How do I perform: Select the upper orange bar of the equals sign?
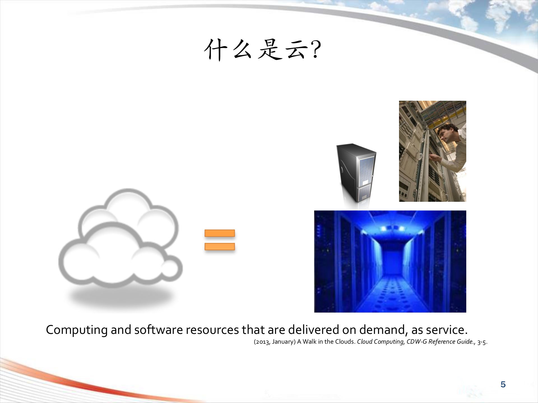tap(220, 233)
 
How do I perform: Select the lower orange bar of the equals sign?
tap(220, 247)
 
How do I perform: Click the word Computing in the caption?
tap(76, 330)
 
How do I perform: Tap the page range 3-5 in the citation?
tap(481, 342)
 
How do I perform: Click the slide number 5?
tap(503, 385)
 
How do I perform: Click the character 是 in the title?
tap(270, 50)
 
